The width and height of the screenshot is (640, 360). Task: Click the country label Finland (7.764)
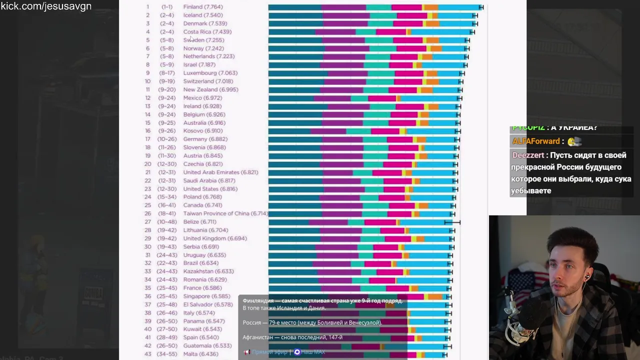point(203,7)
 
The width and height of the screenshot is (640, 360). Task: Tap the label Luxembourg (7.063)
point(210,73)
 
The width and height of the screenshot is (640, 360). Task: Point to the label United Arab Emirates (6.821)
point(220,172)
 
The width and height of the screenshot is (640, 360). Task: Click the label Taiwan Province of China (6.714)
point(225,213)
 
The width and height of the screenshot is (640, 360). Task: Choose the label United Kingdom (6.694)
point(215,238)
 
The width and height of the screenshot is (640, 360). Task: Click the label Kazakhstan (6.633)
point(208,271)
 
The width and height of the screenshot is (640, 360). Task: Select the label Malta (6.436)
point(200,354)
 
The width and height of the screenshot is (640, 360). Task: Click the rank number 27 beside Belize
point(148,222)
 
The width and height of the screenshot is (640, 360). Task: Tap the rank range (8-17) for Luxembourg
point(167,73)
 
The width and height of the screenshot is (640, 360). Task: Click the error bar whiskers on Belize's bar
point(452,222)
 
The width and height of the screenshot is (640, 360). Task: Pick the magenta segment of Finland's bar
point(406,7)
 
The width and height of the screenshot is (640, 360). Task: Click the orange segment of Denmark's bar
point(432,23)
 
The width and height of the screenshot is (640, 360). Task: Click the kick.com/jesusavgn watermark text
point(46,6)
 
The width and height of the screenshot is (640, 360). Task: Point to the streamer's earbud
point(587,276)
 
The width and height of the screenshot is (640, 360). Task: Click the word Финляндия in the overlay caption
point(258,301)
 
